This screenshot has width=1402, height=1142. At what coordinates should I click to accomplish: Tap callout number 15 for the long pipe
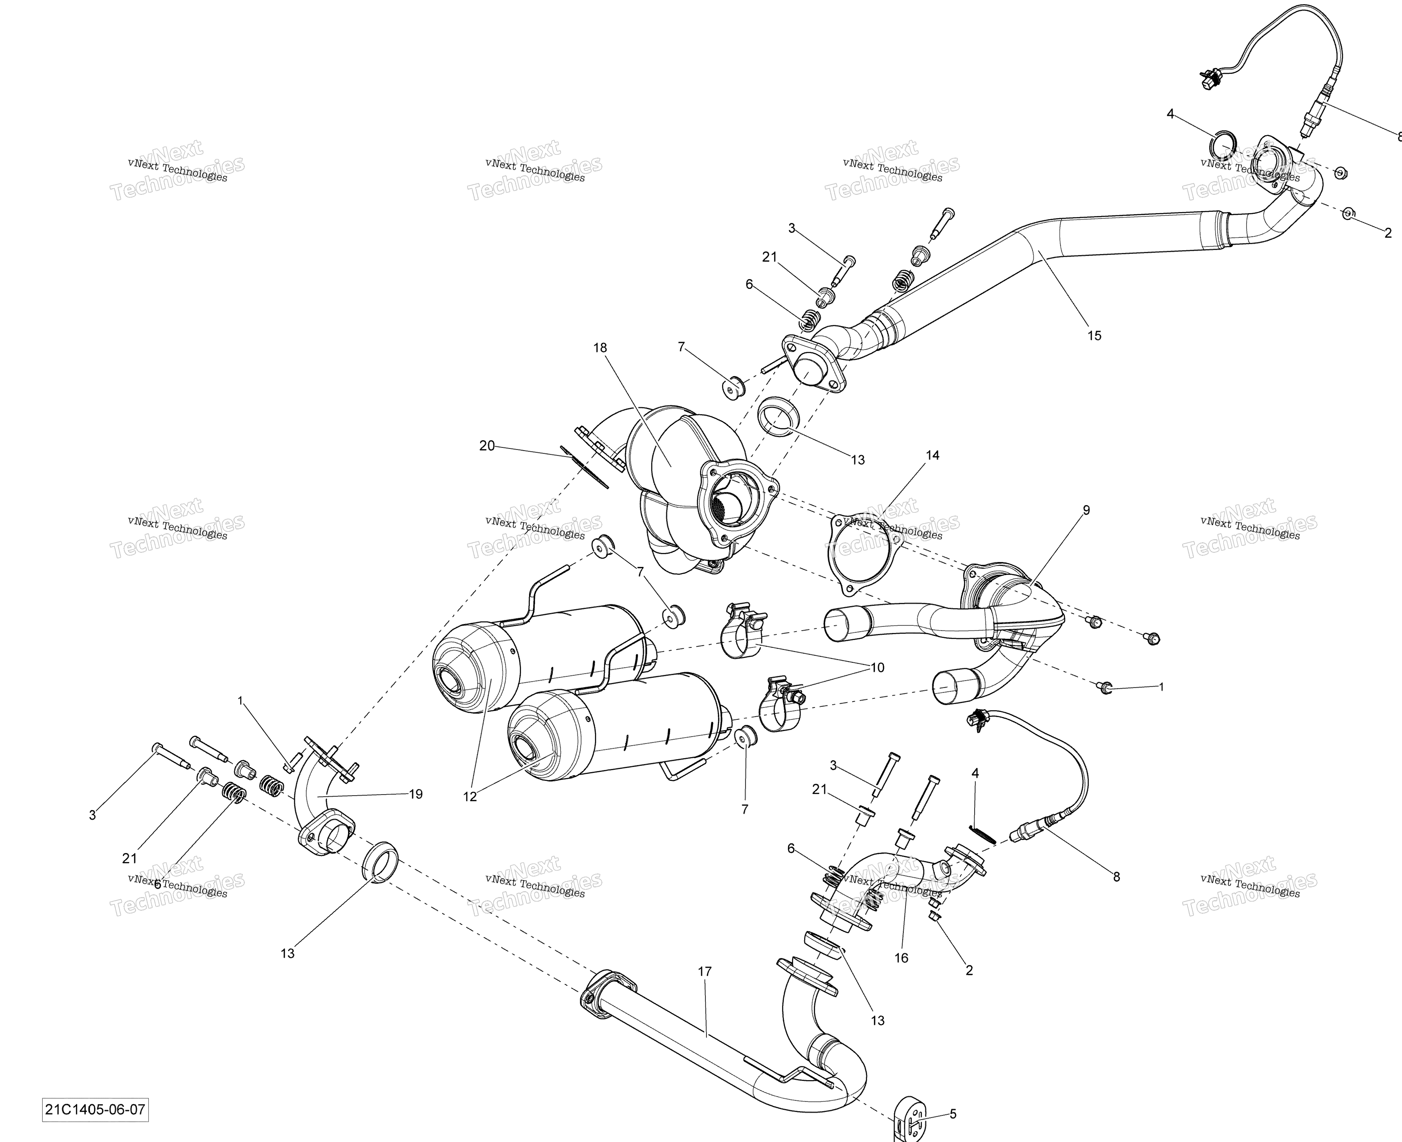(1093, 335)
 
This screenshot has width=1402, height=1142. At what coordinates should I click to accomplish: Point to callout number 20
(487, 445)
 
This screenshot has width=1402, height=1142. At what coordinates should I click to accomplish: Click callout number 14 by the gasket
(932, 455)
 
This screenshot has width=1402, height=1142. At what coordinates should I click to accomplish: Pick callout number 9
(1086, 510)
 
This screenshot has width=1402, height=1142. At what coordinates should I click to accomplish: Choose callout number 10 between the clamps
(877, 667)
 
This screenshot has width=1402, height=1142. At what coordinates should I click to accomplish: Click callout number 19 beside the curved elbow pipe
(416, 794)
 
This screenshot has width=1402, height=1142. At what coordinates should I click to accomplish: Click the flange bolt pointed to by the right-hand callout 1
(1105, 687)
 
